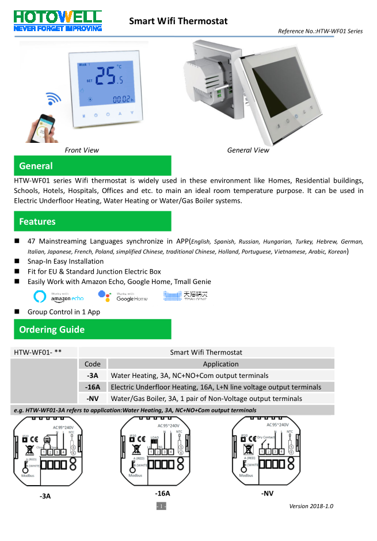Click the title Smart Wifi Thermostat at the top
click(x=178, y=21)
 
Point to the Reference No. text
click(x=320, y=31)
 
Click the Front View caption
click(x=82, y=150)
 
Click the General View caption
click(x=248, y=150)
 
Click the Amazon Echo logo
click(x=59, y=296)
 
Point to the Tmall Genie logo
click(x=185, y=296)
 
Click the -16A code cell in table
click(x=92, y=387)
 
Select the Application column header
click(x=220, y=364)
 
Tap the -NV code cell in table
click(x=92, y=399)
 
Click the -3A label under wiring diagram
click(x=44, y=495)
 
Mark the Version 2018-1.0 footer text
click(x=311, y=506)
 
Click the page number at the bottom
click(x=161, y=506)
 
